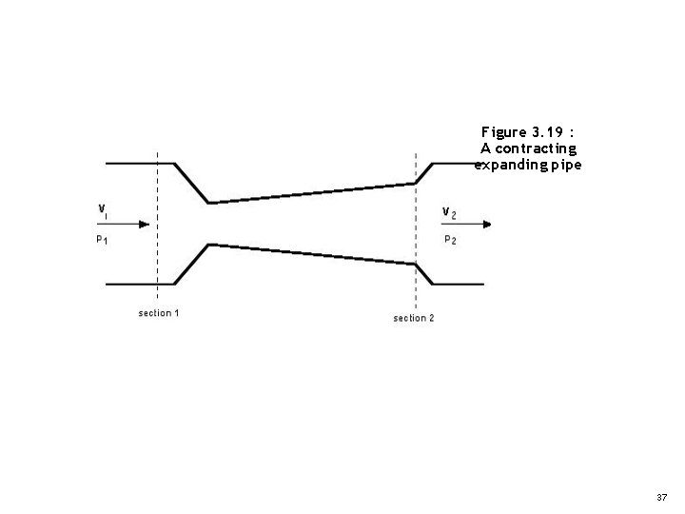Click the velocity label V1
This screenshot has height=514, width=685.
[x=102, y=208]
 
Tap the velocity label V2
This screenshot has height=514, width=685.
[x=449, y=211]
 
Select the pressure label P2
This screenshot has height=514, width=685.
[x=450, y=240]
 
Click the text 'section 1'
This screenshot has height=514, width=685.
[x=159, y=313]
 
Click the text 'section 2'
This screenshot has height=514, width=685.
[x=414, y=318]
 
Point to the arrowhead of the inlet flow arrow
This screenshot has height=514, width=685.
[x=144, y=225]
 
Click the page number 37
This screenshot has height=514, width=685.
[x=662, y=498]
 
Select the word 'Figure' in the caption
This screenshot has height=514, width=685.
[x=502, y=130]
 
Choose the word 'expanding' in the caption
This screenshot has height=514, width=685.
[x=509, y=165]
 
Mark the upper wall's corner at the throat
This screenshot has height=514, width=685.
[x=209, y=202]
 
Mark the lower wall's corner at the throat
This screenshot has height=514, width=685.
[x=209, y=246]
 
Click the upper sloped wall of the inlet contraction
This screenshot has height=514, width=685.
[x=192, y=183]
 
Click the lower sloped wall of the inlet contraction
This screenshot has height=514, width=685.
[x=192, y=264]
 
